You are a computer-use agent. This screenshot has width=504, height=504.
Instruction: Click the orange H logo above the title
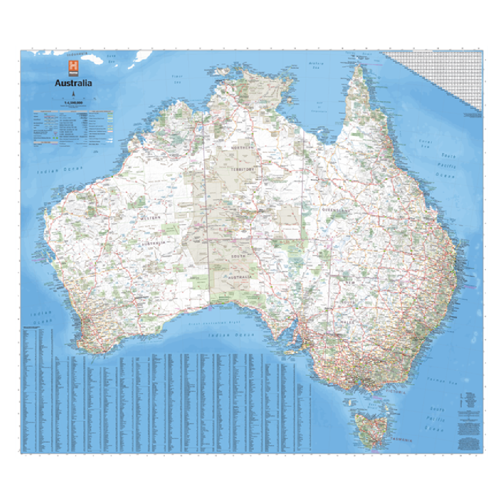point(73,68)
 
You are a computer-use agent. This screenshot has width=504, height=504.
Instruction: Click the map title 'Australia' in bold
point(73,84)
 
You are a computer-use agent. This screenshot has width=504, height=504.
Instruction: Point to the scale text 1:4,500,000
point(73,102)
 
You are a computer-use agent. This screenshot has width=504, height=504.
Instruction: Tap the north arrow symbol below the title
point(73,94)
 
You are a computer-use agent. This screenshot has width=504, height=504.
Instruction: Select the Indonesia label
point(77,54)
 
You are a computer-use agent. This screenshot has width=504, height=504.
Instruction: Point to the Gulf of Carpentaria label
point(320,108)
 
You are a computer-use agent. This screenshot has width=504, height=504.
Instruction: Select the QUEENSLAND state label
point(335,210)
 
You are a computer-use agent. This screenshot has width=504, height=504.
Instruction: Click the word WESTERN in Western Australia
point(152,218)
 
